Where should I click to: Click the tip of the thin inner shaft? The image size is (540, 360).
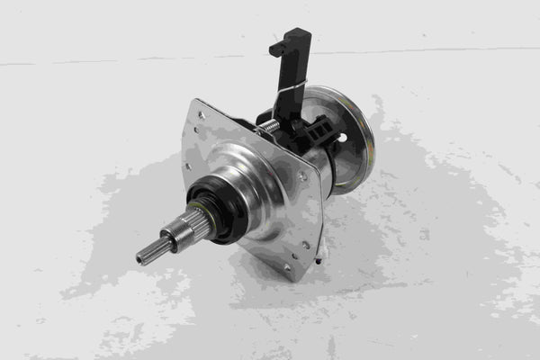point(140,259)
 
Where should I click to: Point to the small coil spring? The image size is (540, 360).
point(268,128)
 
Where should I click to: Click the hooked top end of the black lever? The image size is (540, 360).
point(290,40)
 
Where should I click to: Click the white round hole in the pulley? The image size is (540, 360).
point(341,138)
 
